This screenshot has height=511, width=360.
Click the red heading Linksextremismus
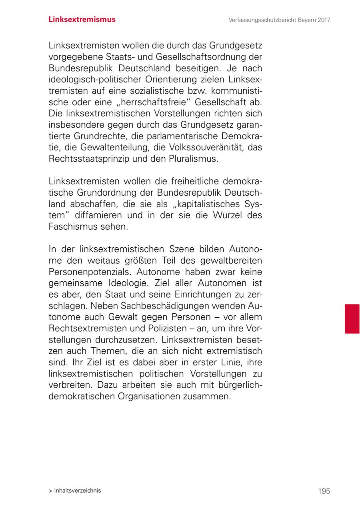point(82,20)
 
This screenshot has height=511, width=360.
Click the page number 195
point(324,491)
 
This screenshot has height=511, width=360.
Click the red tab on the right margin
point(352,319)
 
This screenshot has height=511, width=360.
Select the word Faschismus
point(73,226)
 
